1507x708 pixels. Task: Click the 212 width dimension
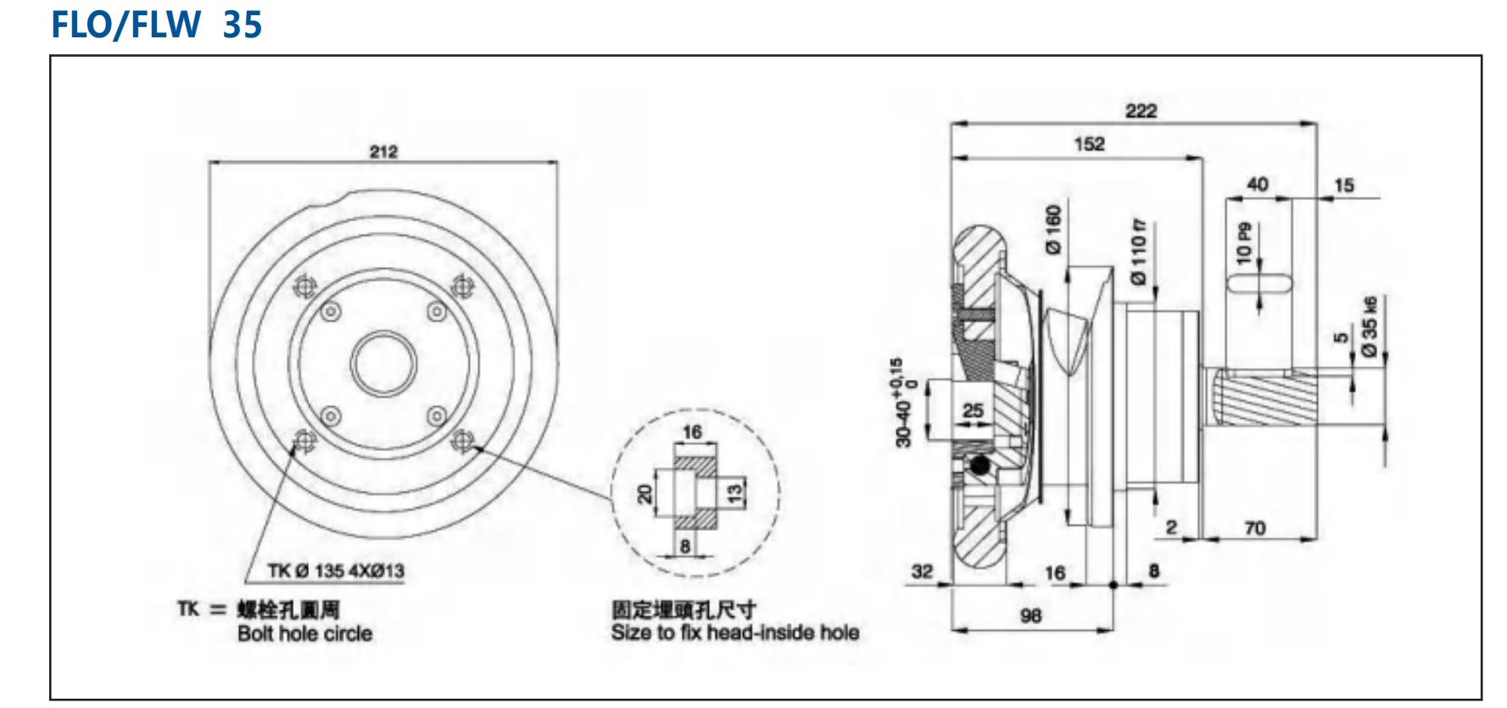point(383,151)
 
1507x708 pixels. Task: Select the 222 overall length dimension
point(1141,110)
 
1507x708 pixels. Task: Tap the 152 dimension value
point(1089,143)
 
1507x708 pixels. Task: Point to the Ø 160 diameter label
point(1053,229)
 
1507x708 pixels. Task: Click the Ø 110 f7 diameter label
point(1138,250)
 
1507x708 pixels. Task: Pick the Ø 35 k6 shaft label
point(1369,326)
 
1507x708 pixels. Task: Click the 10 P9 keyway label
point(1244,243)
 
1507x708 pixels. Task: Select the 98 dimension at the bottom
point(1030,616)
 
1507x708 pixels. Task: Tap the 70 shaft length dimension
point(1255,528)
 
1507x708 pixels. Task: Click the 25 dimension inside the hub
point(973,410)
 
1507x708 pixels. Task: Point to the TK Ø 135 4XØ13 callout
point(336,571)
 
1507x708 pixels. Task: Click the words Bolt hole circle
point(304,633)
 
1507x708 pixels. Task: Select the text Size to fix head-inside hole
point(734,633)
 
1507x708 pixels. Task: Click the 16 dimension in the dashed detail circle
point(692,432)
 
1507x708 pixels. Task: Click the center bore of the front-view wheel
point(383,364)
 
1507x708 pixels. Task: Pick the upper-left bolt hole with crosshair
point(304,287)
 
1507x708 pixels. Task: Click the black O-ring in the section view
point(980,466)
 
